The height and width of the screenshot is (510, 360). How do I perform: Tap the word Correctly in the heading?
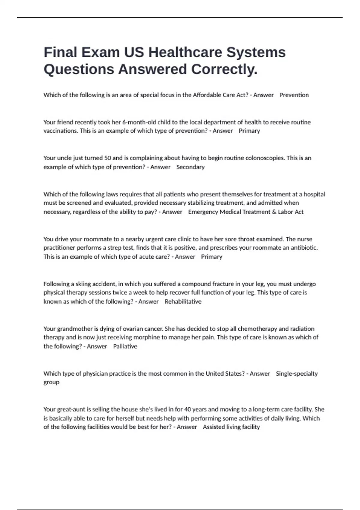(x=224, y=69)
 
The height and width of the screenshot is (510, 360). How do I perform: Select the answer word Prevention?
(x=294, y=95)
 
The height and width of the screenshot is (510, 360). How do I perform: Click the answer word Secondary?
(x=190, y=167)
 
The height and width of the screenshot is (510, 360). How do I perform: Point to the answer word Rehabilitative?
(x=183, y=301)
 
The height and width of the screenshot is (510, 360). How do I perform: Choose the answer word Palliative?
(x=125, y=346)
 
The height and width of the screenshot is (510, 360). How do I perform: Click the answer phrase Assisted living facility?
(x=231, y=427)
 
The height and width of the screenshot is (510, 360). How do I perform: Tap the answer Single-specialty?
(x=297, y=374)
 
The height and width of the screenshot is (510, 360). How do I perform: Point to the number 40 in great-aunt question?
(x=187, y=409)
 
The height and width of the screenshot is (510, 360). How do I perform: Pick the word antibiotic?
(x=304, y=248)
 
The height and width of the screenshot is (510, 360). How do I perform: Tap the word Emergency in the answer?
(x=203, y=212)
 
